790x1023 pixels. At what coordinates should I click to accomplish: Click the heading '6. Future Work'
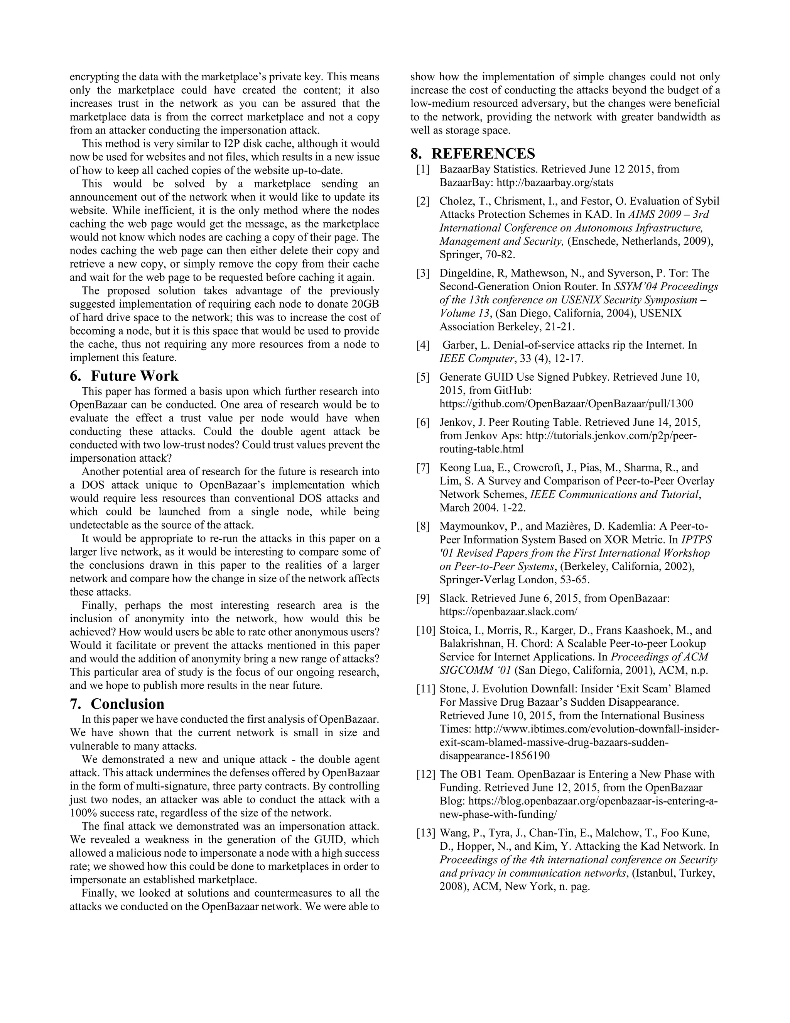(x=124, y=376)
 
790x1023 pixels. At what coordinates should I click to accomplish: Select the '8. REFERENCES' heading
(x=472, y=154)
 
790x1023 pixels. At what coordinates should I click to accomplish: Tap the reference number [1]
(x=423, y=169)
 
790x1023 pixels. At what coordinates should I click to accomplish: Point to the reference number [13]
(x=425, y=833)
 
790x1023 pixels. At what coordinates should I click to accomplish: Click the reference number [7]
(x=423, y=467)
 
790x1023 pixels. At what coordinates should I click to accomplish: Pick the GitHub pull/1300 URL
(x=566, y=404)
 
